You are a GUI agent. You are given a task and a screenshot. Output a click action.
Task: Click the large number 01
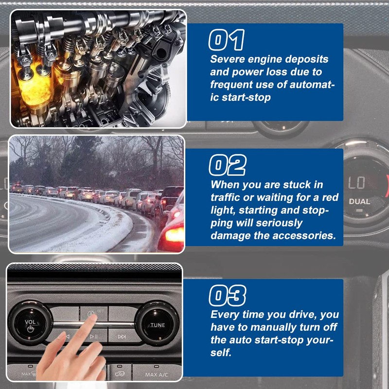227,40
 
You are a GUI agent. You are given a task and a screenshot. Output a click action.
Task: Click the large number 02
228,165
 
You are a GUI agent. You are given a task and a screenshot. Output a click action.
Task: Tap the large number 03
228,295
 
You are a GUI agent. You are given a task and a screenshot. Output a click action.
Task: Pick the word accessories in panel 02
304,235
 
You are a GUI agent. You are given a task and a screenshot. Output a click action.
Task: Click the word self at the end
221,353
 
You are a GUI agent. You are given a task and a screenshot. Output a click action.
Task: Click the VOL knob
31,323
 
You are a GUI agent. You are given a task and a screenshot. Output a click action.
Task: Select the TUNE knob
157,323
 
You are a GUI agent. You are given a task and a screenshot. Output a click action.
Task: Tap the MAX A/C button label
157,374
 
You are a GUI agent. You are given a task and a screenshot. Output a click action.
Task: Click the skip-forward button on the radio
122,336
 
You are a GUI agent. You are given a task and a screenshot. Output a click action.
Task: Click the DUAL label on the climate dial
359,201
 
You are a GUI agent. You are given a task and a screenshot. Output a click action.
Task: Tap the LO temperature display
356,183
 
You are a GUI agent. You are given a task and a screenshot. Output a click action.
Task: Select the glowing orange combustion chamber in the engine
35,87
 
